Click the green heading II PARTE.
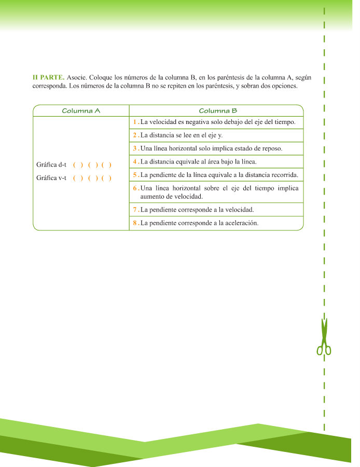point(48,77)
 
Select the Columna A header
point(81,111)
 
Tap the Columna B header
point(218,111)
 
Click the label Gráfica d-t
point(51,165)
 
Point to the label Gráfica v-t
point(51,178)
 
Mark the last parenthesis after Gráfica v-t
point(106,178)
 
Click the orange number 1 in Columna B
point(134,122)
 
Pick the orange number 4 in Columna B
point(134,161)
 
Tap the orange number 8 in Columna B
point(134,223)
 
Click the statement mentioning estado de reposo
point(211,148)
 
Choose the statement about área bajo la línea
point(198,161)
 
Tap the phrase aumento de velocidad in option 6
point(171,197)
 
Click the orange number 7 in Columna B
point(134,210)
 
